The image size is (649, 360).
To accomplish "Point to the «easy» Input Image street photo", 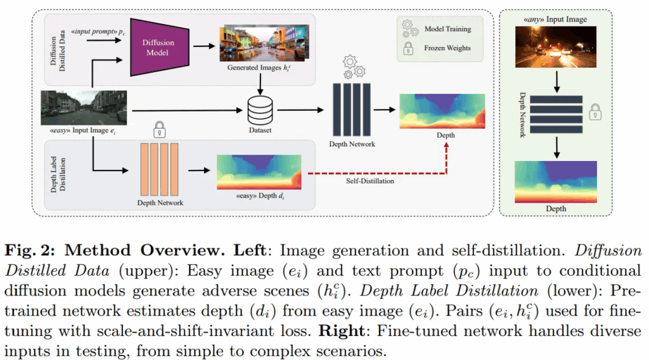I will pos(84,107).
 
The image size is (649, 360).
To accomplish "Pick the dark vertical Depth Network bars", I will pos(351,108).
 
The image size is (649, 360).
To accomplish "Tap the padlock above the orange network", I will pos(159,131).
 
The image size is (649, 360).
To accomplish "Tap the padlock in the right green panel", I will pos(595,112).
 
